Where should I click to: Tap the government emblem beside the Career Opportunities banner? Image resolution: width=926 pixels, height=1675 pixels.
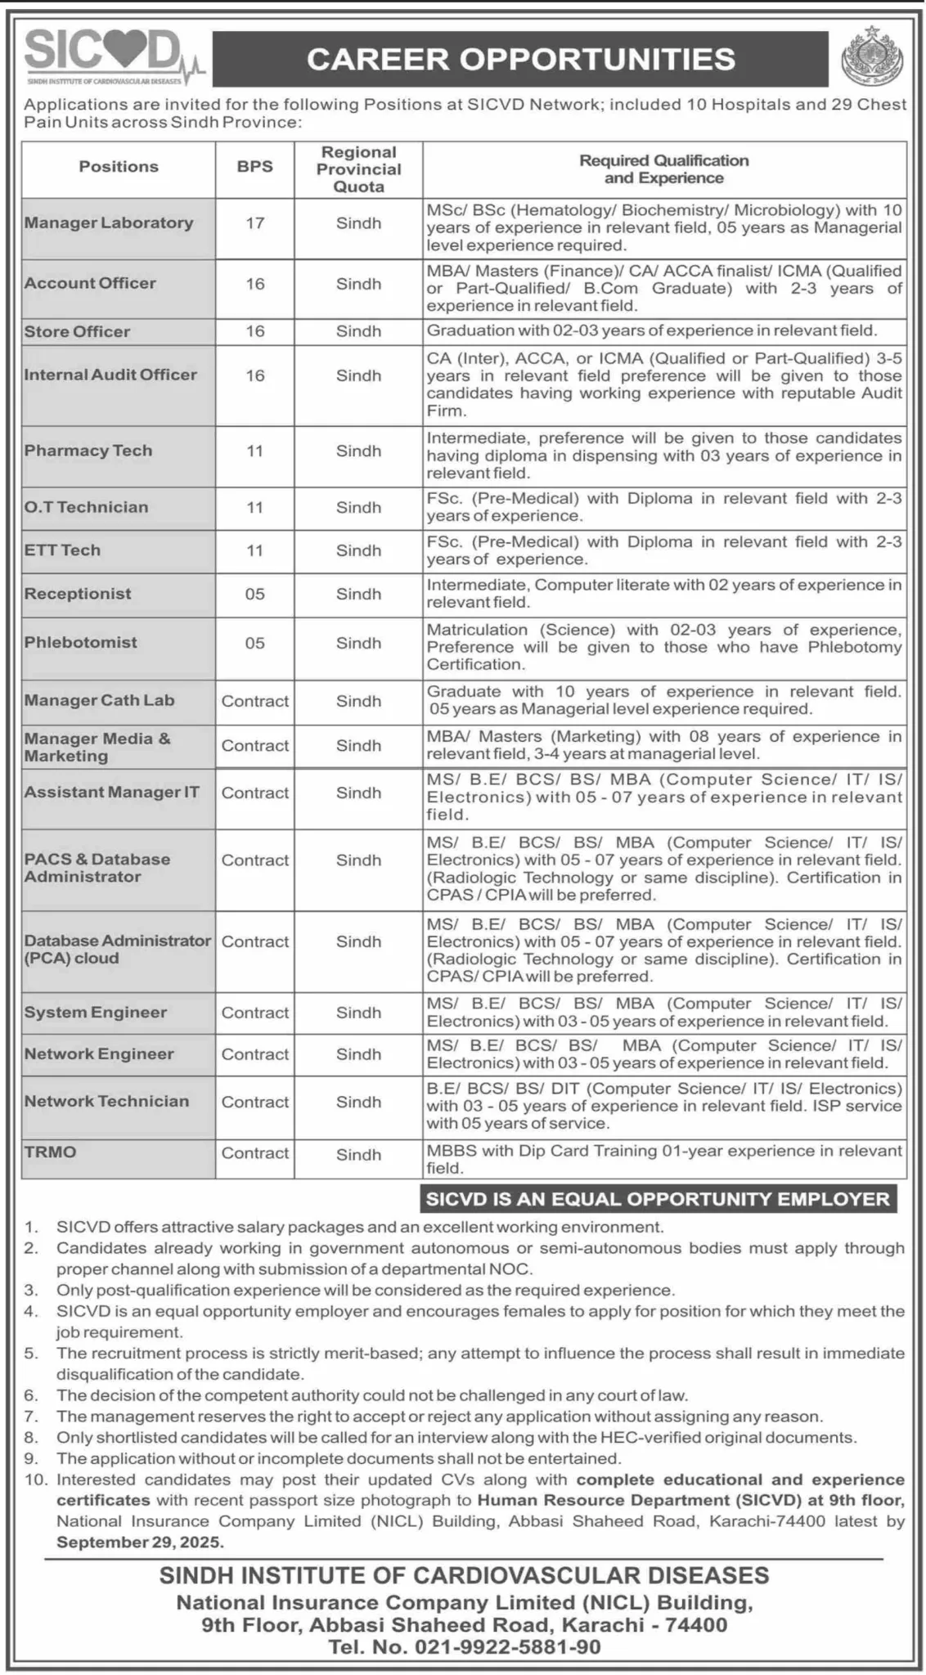(873, 57)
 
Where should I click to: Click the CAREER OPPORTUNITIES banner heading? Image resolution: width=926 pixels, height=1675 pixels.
(521, 59)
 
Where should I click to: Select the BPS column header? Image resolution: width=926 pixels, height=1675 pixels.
(254, 166)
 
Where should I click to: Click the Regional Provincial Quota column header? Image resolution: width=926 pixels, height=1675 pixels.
(358, 169)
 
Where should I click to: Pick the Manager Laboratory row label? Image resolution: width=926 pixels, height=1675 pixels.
(109, 222)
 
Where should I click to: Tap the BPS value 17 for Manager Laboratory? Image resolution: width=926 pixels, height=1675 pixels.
(254, 222)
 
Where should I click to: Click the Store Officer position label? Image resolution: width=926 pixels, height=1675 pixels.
(77, 331)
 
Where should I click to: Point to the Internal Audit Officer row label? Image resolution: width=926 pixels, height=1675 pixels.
(110, 375)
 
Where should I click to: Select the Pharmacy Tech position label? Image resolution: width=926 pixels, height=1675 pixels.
(88, 451)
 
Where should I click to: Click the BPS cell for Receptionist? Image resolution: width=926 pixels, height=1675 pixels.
(254, 594)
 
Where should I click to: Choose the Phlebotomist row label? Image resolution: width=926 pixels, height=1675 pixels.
(80, 642)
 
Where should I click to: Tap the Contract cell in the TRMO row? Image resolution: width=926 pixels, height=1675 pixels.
(254, 1153)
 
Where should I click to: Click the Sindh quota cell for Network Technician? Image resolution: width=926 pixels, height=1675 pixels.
(358, 1102)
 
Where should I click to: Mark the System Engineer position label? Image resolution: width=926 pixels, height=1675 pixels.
(95, 1013)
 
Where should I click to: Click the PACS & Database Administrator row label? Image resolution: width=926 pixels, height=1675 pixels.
(97, 868)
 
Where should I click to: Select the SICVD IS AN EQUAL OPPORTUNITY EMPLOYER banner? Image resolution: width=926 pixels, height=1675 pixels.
(657, 1199)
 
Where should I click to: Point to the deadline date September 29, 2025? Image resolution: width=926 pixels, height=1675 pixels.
(139, 1543)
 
